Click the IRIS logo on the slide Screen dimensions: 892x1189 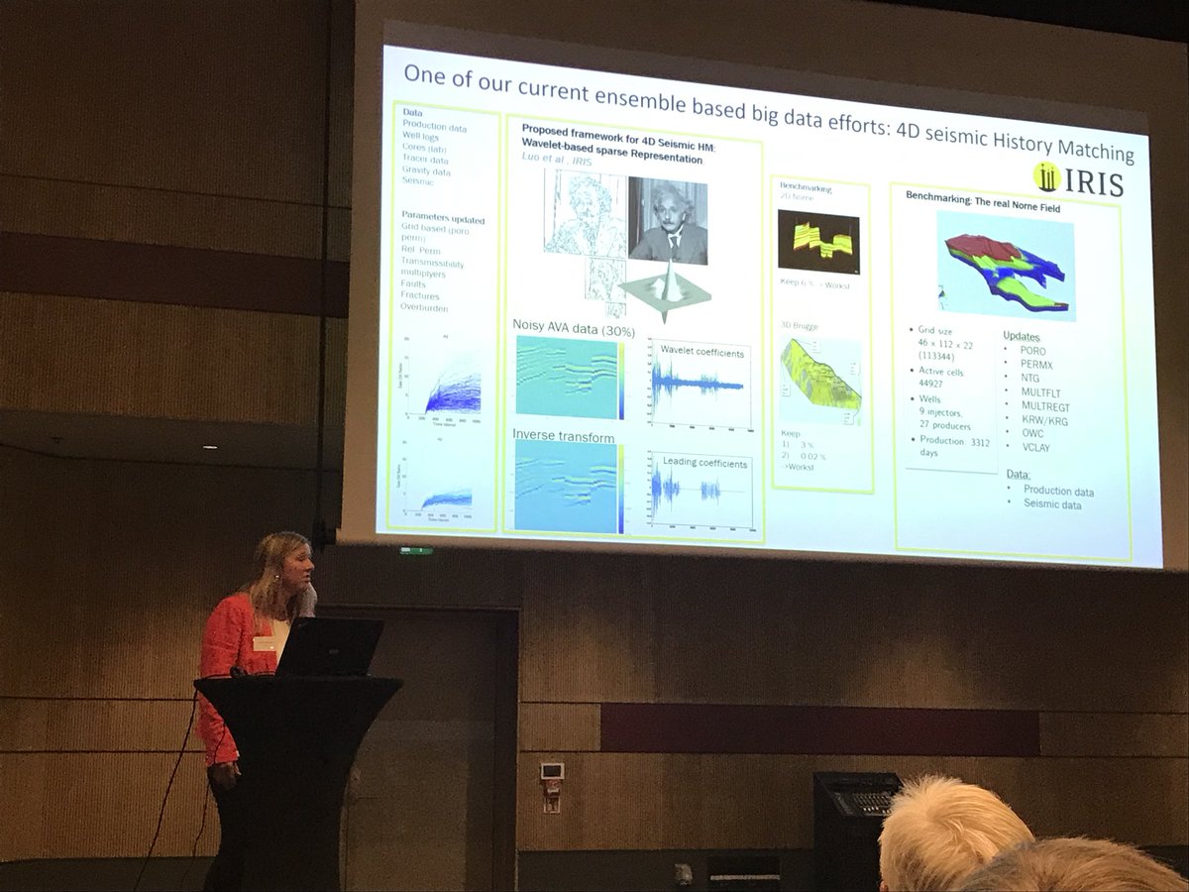coord(1078,180)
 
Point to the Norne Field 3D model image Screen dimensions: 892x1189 coord(1006,265)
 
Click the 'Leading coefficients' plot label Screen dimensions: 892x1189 coord(704,463)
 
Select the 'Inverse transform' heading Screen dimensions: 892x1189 coord(563,436)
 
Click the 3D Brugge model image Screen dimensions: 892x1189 coord(819,379)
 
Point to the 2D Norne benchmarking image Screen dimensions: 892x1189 coord(818,242)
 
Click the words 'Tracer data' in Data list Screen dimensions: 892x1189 coord(425,160)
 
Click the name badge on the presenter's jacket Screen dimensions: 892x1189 coord(264,643)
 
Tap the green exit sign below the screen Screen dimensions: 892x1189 coord(416,550)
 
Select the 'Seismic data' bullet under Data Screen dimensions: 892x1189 coord(1051,505)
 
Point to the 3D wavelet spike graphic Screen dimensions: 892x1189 coord(665,287)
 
